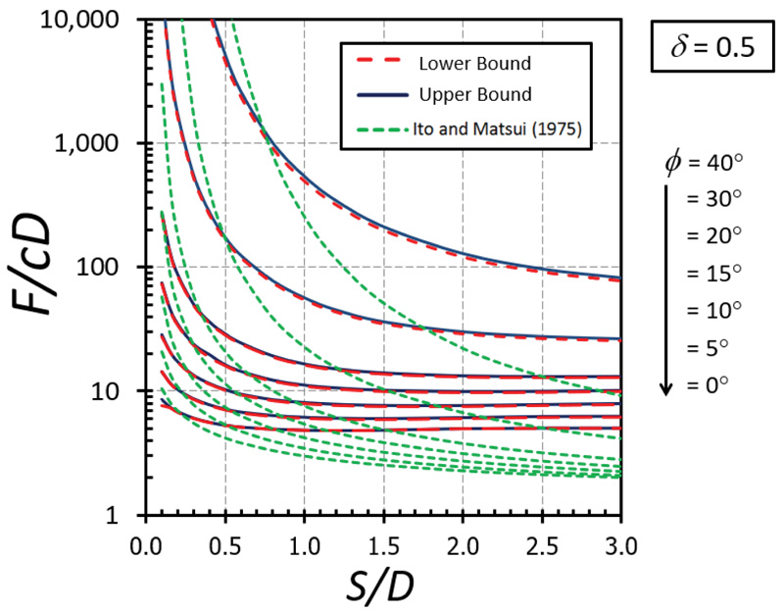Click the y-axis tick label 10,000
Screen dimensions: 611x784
89,20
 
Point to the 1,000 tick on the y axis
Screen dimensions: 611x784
101,143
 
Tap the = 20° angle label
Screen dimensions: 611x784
713,235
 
